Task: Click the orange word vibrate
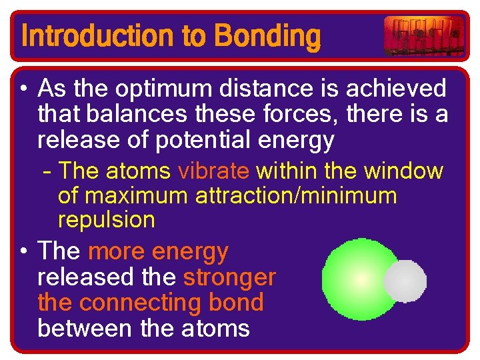pos(213,171)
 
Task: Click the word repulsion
pos(107,220)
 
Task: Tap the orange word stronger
pos(229,277)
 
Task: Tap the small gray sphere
pos(405,281)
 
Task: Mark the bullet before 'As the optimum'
pos(24,89)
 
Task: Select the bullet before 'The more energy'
pos(24,252)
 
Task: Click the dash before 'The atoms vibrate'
pos(47,172)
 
